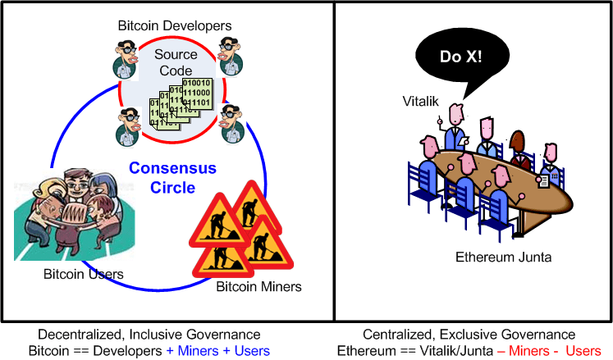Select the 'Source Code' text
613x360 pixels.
[x=177, y=63]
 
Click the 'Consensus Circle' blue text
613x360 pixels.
[x=172, y=178]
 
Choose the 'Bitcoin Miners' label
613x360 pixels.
[x=258, y=286]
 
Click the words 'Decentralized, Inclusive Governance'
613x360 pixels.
[x=149, y=335]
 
